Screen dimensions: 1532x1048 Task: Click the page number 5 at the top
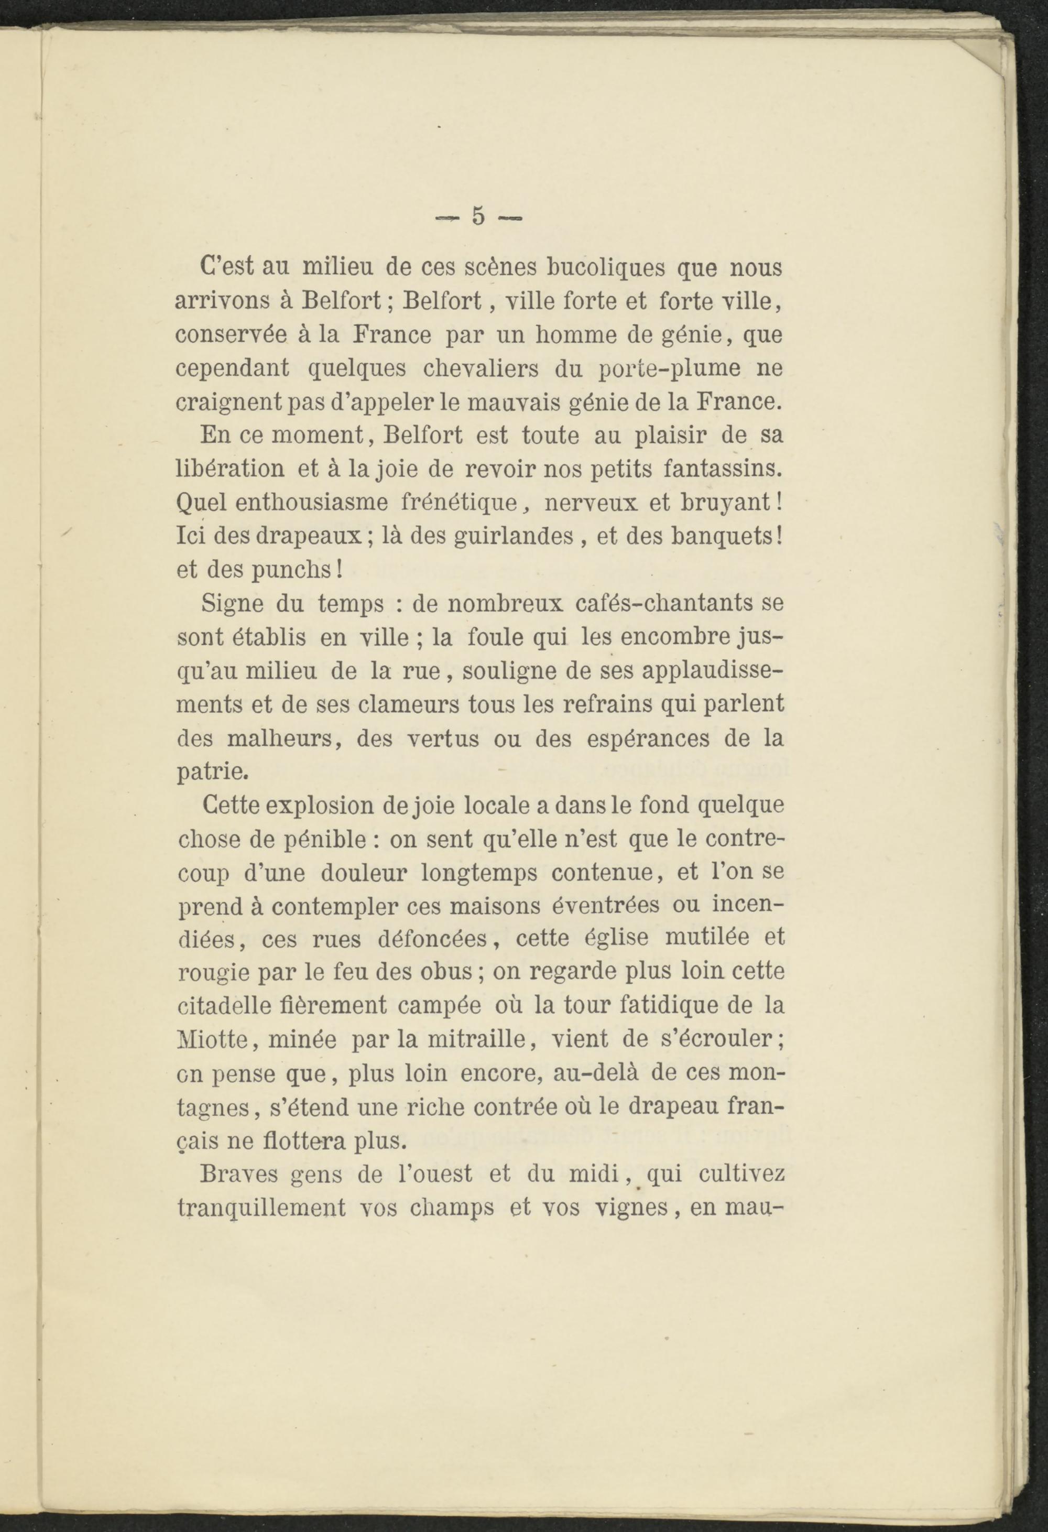[478, 216]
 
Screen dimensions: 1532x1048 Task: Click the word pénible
[330, 839]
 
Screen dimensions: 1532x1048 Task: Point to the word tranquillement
[261, 1208]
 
